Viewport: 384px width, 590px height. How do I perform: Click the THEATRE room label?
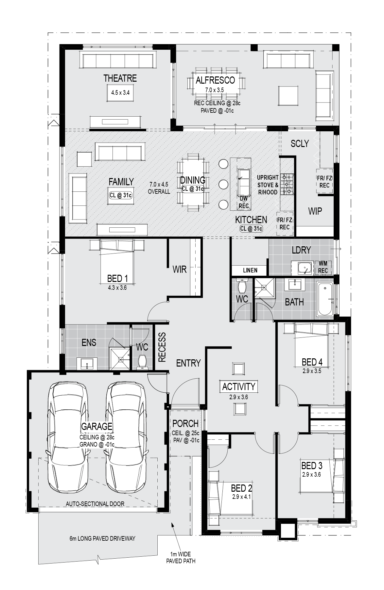(120, 78)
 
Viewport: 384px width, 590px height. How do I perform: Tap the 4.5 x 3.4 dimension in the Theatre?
(120, 93)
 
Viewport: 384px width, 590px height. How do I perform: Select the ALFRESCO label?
(215, 80)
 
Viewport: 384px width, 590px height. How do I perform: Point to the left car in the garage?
(68, 438)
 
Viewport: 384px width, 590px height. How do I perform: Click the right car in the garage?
(126, 438)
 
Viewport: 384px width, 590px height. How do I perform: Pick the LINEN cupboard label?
(250, 270)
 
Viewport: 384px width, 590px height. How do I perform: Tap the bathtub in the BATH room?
(325, 299)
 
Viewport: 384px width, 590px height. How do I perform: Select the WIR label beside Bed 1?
(180, 269)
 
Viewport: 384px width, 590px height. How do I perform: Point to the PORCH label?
(185, 424)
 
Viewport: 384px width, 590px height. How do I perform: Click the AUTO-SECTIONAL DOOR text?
(95, 504)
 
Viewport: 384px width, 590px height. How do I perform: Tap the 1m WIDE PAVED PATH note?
(181, 558)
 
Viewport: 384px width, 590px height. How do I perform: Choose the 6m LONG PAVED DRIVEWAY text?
(102, 538)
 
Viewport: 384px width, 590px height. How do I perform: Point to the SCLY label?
(300, 143)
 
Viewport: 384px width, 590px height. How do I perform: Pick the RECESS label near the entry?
(162, 347)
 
